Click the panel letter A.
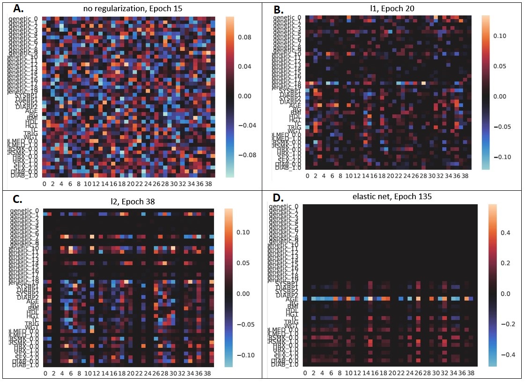point(18,9)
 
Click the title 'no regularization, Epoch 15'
point(123,8)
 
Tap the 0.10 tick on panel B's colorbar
point(502,36)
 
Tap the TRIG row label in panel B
point(292,127)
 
